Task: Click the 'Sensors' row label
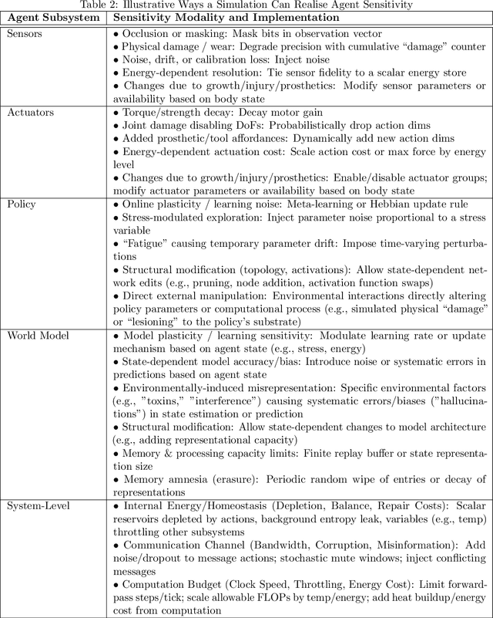tap(25, 33)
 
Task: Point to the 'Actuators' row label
tap(30, 113)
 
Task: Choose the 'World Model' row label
tap(38, 335)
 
